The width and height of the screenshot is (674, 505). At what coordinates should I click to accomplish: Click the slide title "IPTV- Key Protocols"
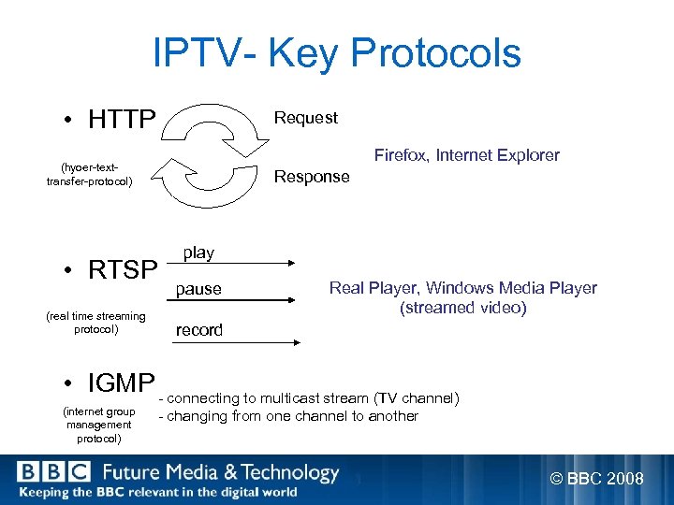(x=337, y=53)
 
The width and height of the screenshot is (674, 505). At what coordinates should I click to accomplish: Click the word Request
(x=305, y=118)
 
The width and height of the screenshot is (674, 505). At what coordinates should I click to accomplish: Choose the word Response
(x=311, y=177)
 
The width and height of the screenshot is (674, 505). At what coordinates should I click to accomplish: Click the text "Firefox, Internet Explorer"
(x=466, y=155)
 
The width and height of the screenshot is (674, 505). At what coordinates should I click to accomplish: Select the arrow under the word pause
(x=235, y=300)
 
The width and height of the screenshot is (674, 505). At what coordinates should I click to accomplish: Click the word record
(x=199, y=330)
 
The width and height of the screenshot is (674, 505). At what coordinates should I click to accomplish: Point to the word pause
(x=198, y=289)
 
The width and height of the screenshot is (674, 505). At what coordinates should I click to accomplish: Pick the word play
(x=198, y=252)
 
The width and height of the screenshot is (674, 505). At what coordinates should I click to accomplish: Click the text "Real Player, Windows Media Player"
(x=462, y=288)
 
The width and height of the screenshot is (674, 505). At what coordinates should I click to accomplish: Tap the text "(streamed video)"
(x=462, y=308)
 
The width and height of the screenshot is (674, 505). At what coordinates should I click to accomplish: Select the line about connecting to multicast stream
(x=309, y=398)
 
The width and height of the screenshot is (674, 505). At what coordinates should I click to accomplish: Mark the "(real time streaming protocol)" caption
(x=95, y=323)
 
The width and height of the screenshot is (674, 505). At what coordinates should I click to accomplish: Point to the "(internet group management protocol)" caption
(x=98, y=425)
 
